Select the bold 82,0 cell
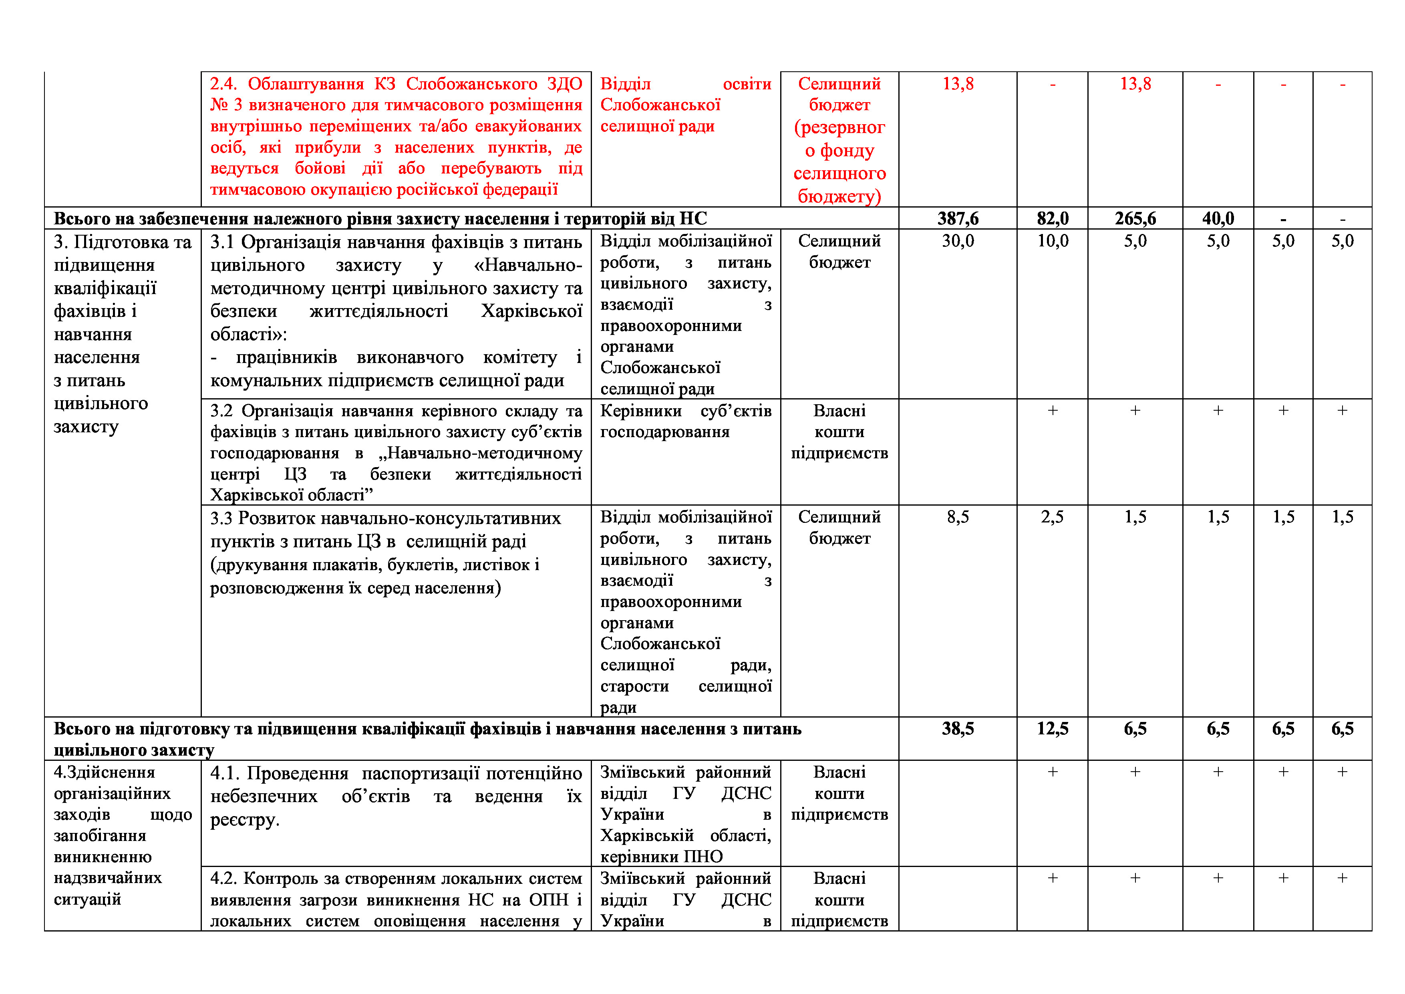pos(1053,218)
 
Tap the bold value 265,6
pos(1135,218)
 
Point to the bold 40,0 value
pos(1218,218)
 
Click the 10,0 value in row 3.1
pos(1053,241)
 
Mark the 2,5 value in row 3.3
pos(1053,517)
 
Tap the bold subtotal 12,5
pos(1053,729)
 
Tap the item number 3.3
pos(221,518)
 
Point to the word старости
pos(634,686)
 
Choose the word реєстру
pos(245,820)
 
